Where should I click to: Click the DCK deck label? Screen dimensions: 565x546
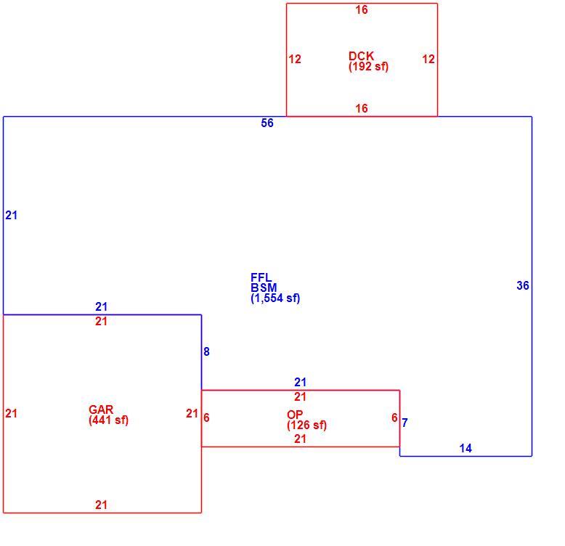tap(361, 56)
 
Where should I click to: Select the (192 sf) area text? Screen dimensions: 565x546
tap(368, 66)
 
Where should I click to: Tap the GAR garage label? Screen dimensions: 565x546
tap(101, 409)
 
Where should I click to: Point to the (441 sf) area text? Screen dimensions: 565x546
tap(108, 420)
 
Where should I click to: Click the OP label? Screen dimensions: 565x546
tap(295, 414)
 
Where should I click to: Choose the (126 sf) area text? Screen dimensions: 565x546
tap(306, 425)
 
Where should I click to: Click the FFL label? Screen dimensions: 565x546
tap(261, 277)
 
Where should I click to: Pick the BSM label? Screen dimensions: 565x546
tap(264, 288)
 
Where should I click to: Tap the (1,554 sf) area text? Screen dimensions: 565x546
tap(275, 298)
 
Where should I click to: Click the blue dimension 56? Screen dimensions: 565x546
tap(267, 123)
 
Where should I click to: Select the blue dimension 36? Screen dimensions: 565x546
tap(522, 285)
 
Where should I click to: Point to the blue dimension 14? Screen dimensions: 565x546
tap(466, 448)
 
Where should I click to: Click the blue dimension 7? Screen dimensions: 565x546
tap(405, 423)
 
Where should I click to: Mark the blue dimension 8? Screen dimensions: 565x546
tap(206, 351)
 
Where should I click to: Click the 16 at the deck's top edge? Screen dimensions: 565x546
tap(362, 9)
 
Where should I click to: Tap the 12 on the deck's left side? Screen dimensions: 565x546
tap(294, 59)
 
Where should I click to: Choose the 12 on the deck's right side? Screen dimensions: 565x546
tap(428, 59)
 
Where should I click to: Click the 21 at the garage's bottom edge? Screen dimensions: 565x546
tap(101, 505)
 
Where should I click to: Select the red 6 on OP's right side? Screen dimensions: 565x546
tap(394, 417)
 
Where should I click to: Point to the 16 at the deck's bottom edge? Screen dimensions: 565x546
tap(362, 108)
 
